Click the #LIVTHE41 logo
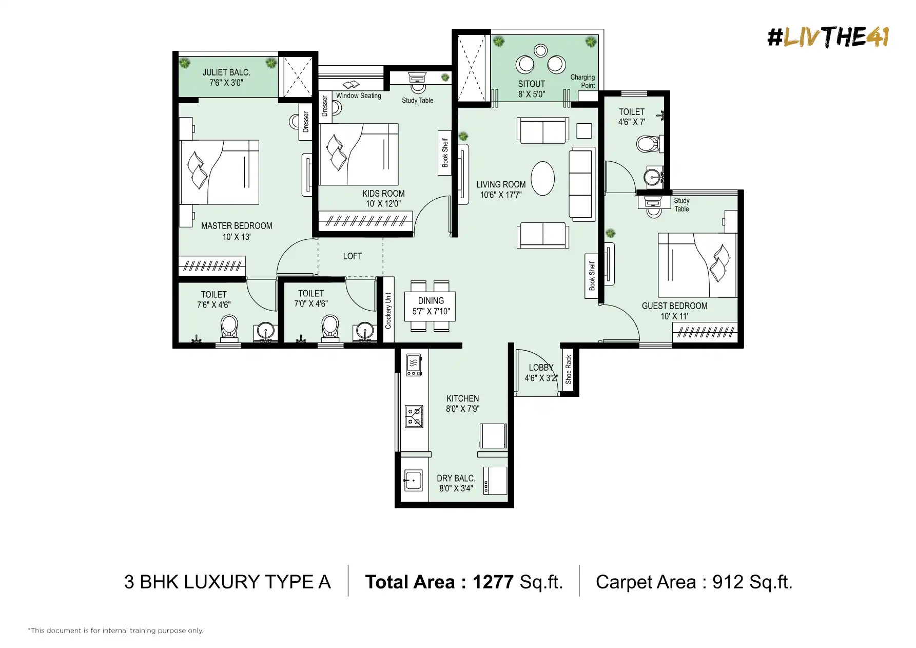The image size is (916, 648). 828,37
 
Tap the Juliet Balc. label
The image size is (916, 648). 226,72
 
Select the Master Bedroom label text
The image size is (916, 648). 237,226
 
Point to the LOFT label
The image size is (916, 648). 353,256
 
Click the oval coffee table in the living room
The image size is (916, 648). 542,179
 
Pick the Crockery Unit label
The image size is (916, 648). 388,311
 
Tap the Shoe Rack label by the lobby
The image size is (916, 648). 568,370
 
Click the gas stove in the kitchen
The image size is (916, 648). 415,416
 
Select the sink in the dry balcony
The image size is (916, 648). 413,481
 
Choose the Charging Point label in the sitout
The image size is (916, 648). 582,81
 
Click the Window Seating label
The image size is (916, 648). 359,96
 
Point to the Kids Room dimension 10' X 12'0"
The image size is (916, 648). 383,204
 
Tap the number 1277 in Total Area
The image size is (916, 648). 493,582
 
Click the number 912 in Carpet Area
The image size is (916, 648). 728,582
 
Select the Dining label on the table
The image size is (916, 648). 431,301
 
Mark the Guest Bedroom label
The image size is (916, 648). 674,306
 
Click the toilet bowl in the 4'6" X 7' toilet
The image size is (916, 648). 648,144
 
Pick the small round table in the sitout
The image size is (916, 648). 540,50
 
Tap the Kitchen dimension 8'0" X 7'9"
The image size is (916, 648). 462,409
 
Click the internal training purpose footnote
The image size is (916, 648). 115,631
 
